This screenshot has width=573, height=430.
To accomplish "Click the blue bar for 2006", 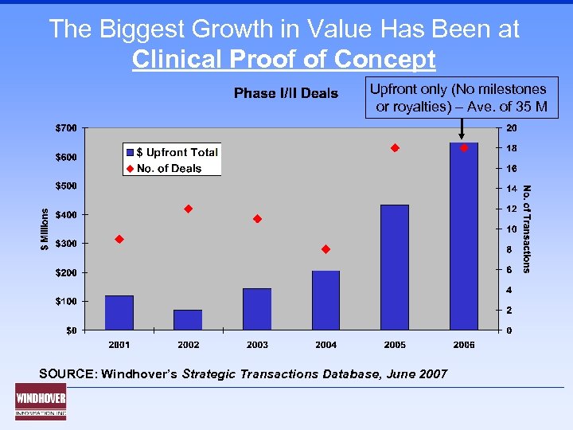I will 463,236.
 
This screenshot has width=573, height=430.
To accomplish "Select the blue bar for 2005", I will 395,268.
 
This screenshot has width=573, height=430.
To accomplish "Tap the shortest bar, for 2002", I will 188,320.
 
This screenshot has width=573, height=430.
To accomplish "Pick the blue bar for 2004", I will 325,300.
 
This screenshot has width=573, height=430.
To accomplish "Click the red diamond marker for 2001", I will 119,239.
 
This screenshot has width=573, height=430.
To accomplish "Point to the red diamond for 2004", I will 325,249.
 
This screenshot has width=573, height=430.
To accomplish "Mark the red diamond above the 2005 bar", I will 394,148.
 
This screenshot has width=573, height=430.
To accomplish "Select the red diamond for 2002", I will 189,209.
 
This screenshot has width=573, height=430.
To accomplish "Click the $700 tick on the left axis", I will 66,128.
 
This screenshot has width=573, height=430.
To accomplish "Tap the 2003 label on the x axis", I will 257,345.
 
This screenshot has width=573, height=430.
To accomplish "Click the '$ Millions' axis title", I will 45,229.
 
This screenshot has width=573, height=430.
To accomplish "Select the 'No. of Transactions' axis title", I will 527,229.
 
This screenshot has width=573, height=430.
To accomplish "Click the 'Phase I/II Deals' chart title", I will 286,94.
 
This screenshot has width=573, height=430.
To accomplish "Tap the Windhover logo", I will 41,401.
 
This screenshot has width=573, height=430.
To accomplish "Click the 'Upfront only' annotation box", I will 462,98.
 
